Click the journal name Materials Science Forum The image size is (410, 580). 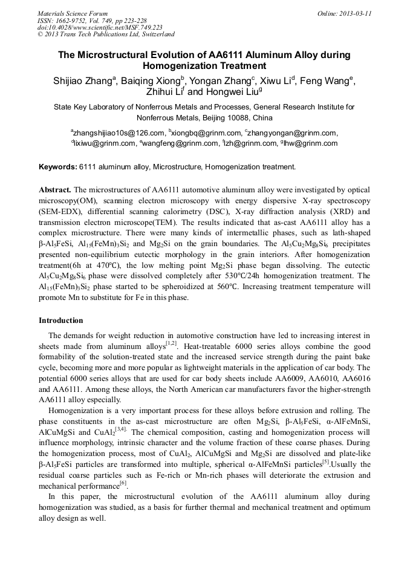click(x=73, y=13)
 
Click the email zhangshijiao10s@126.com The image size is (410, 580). click(x=118, y=133)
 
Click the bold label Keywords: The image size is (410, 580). click(x=58, y=166)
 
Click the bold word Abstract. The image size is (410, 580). click(x=55, y=190)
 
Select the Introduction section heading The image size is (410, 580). click(x=61, y=321)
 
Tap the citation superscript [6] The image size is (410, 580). click(x=123, y=483)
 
